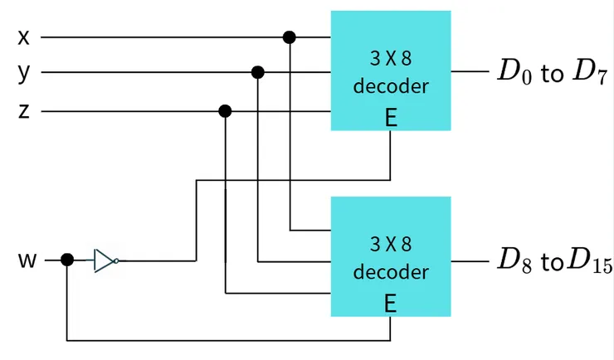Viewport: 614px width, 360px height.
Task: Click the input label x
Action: point(23,37)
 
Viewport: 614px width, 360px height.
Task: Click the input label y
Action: point(23,72)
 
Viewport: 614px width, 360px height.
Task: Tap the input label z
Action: point(23,110)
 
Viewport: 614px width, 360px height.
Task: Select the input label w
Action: point(27,260)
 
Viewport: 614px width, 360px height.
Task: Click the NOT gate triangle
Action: point(104,260)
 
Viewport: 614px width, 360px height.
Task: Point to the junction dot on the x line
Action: point(290,37)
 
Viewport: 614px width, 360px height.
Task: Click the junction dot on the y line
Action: point(258,73)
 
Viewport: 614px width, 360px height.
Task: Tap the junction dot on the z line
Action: point(225,111)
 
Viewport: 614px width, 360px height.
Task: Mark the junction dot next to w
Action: point(67,260)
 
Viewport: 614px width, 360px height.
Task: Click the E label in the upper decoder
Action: point(391,118)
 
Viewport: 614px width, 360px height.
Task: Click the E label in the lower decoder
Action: point(391,304)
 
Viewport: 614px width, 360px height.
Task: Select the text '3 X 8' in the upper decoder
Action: point(391,60)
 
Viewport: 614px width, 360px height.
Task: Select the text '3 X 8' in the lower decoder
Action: point(391,245)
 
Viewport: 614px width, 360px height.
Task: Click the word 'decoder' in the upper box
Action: point(391,86)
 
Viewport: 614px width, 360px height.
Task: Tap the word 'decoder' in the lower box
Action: point(391,272)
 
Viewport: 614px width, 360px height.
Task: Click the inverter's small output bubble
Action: point(116,260)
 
